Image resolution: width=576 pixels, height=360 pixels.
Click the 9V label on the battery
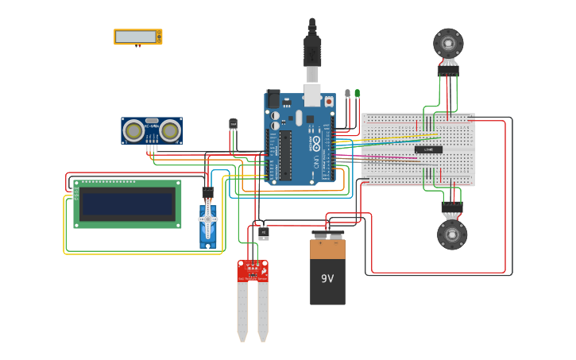[327, 279]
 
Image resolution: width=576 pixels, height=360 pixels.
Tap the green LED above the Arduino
[357, 94]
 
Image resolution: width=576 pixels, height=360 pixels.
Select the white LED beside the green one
[347, 94]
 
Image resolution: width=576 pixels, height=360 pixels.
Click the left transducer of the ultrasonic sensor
[134, 130]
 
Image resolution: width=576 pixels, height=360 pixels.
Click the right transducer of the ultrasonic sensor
[170, 130]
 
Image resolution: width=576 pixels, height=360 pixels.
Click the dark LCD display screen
[127, 203]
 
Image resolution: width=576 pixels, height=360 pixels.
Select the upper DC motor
[448, 42]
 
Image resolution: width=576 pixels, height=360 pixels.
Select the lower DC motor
[452, 234]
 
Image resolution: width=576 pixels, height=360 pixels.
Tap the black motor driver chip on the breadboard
[428, 149]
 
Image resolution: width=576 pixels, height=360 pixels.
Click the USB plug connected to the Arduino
[312, 56]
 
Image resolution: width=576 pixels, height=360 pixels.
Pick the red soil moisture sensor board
[253, 272]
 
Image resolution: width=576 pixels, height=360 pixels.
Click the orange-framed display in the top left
[138, 37]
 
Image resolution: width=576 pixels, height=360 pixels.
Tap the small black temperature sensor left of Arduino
[233, 124]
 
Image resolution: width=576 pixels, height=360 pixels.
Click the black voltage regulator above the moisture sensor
[263, 232]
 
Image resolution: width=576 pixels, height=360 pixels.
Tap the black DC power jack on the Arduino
[273, 99]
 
